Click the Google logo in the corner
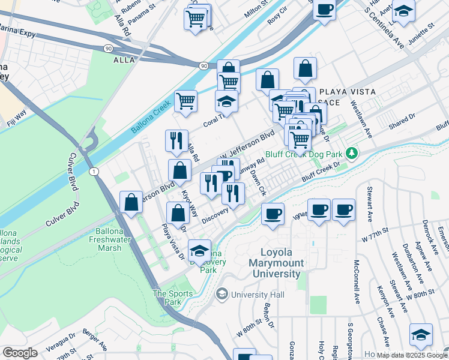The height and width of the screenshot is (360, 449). click(20, 353)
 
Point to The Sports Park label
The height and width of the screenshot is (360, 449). click(173, 298)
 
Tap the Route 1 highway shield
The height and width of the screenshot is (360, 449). click(94, 172)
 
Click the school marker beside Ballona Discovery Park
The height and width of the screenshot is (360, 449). click(200, 251)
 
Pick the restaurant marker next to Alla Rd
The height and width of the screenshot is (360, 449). click(176, 140)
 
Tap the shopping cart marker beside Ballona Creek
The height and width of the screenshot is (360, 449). click(185, 101)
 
